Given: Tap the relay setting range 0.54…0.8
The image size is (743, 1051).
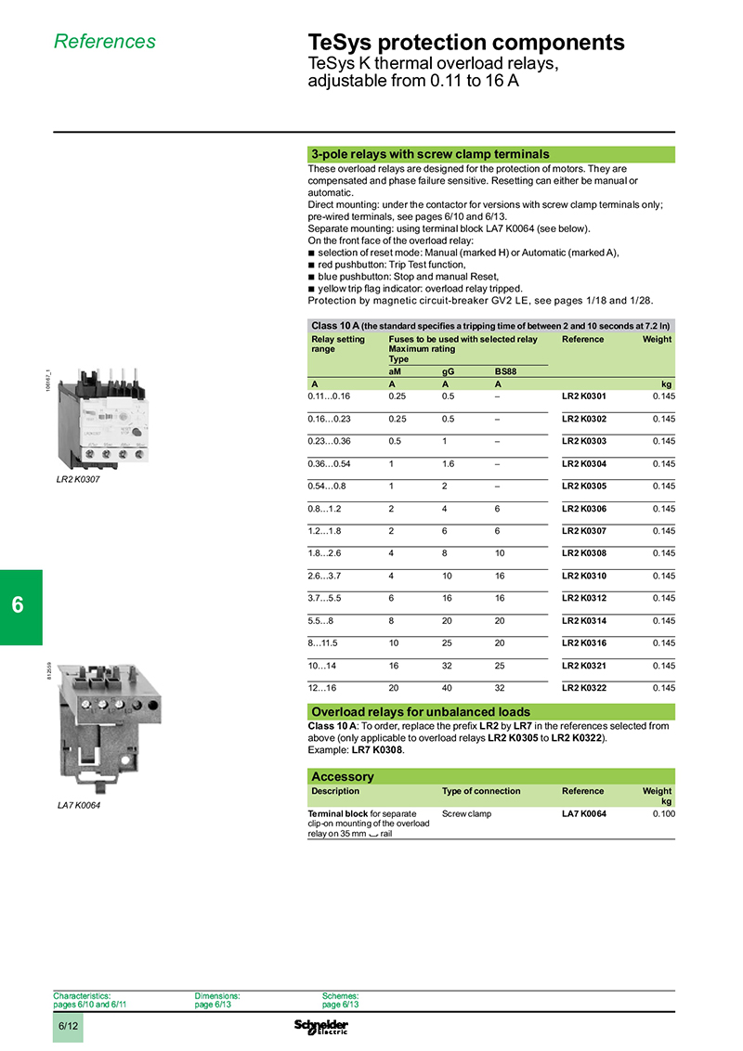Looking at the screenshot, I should coord(326,486).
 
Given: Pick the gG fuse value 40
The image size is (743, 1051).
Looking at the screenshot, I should coord(448,688).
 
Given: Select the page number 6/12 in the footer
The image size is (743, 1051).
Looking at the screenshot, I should coord(68,1027).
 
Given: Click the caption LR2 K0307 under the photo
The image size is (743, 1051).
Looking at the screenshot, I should coord(78,480).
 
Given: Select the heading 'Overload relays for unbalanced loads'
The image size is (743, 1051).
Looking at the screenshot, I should coord(421,712).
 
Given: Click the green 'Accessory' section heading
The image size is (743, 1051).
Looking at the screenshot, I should coord(342,776).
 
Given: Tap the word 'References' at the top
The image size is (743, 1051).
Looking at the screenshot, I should coord(105,42).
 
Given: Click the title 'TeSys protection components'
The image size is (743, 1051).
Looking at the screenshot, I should coord(465,43).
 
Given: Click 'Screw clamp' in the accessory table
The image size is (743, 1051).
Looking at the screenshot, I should coord(466,813).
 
